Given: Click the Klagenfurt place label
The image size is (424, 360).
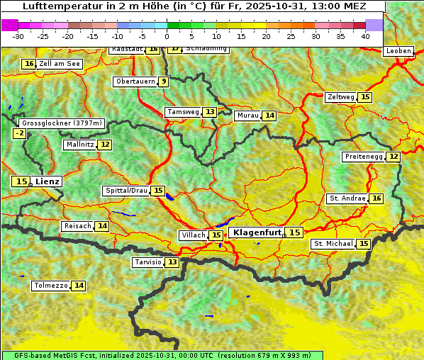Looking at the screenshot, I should click(258, 232).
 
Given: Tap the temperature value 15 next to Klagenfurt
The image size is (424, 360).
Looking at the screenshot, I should click(294, 232).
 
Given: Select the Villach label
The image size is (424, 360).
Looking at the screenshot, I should click(194, 235).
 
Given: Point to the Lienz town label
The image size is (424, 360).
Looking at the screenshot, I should click(48, 181).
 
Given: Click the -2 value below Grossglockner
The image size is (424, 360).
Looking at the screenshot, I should click(19, 133).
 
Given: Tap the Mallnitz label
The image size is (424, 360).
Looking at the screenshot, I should click(79, 145).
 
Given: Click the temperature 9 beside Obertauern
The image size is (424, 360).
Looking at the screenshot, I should click(164, 81).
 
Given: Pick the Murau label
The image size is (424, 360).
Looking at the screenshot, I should click(247, 116).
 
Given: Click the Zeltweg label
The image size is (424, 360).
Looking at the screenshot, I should click(341, 97).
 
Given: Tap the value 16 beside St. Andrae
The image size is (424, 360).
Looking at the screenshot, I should click(376, 198).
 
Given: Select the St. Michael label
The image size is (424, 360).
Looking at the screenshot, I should click(333, 244).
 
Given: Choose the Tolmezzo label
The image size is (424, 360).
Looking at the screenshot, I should click(50, 286).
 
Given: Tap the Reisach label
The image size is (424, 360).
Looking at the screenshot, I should click(77, 226).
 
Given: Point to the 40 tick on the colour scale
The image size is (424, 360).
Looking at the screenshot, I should click(365, 36).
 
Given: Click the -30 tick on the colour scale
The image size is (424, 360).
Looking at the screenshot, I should click(18, 36).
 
